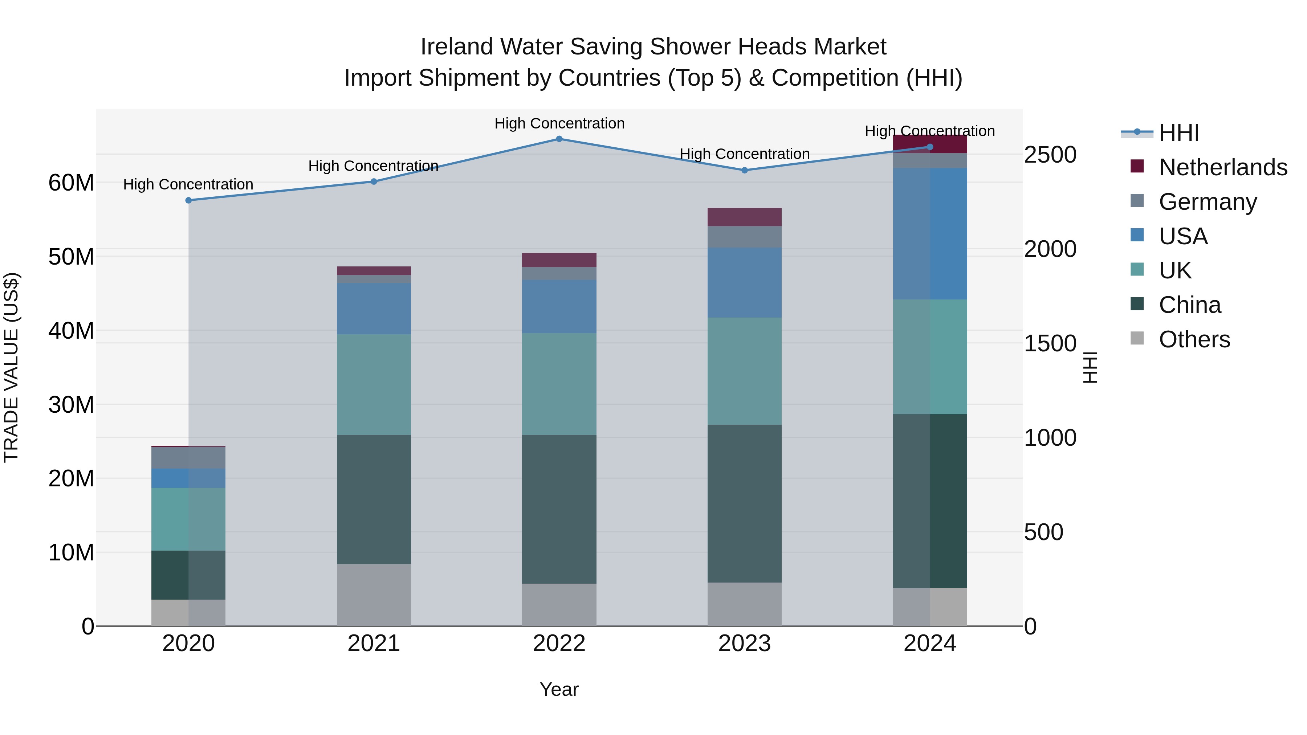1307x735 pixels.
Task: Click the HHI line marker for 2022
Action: (559, 139)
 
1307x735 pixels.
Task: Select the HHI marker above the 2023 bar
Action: (744, 171)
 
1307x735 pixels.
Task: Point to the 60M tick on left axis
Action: (71, 183)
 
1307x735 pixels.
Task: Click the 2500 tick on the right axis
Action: (1050, 155)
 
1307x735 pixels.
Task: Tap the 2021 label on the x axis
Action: (374, 644)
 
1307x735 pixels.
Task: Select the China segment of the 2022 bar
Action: (559, 509)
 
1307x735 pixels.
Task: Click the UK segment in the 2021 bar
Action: (374, 384)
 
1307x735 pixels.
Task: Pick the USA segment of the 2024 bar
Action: (930, 233)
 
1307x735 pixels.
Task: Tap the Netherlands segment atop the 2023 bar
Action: (744, 217)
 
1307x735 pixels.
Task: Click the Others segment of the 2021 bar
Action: (374, 595)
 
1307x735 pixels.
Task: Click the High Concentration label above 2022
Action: (559, 123)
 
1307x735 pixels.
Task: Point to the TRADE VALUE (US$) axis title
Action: (11, 367)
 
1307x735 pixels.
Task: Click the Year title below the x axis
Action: (559, 689)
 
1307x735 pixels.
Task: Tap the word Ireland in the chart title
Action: (457, 47)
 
